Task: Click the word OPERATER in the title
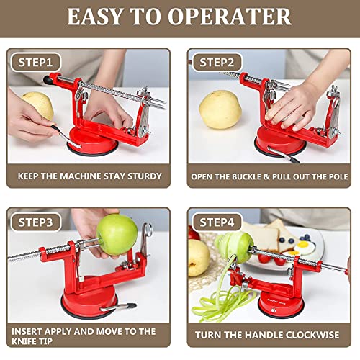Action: (x=228, y=17)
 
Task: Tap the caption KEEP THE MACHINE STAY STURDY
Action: (x=89, y=175)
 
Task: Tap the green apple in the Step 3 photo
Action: (x=117, y=234)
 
